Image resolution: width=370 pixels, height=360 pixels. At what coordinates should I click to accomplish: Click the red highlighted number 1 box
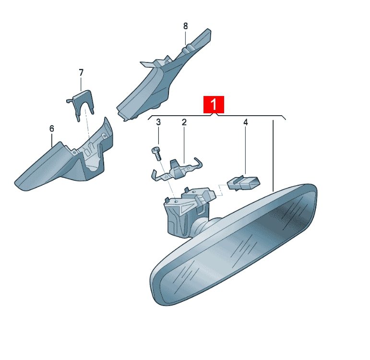click(214, 104)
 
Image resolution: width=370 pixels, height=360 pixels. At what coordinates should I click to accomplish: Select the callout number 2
click(184, 122)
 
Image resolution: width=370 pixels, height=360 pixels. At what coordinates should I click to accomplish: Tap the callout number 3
click(158, 122)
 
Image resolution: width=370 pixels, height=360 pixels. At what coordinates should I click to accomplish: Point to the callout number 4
click(246, 122)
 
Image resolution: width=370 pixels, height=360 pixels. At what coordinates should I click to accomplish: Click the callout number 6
click(52, 129)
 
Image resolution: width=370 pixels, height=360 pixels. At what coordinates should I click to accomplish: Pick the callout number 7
click(81, 72)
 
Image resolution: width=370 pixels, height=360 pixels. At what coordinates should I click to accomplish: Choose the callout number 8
click(185, 26)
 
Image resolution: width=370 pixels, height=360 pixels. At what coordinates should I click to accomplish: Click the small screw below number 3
click(156, 153)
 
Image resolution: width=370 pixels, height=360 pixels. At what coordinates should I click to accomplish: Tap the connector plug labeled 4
click(243, 183)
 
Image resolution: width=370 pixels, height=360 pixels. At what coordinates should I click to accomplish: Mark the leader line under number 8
click(185, 37)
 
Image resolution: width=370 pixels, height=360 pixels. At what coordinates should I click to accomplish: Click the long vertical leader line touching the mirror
click(273, 156)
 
